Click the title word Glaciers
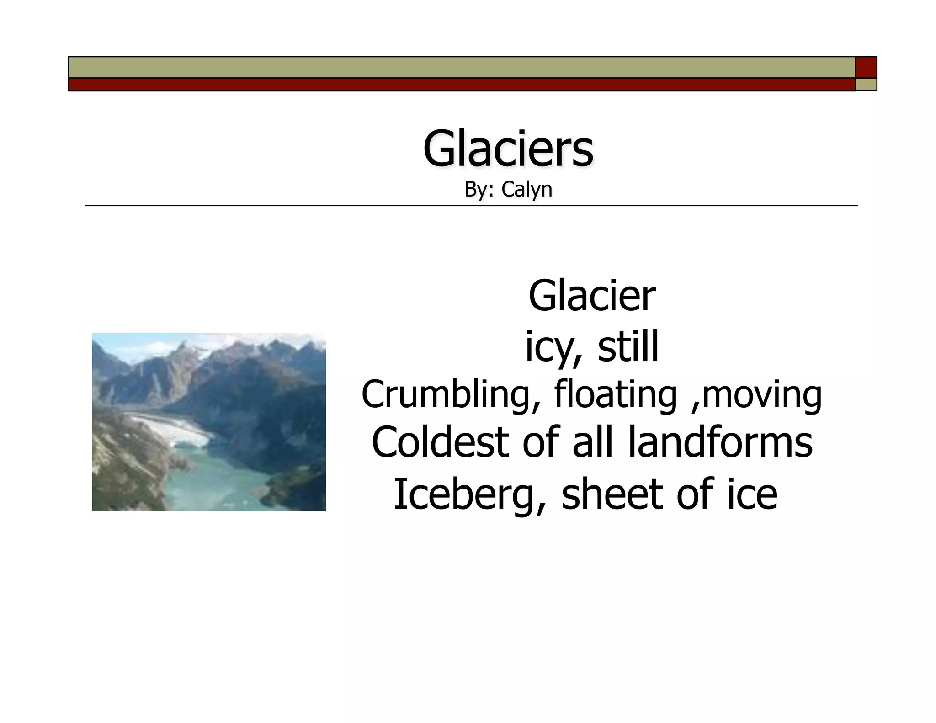[x=508, y=149]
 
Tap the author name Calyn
[x=526, y=190]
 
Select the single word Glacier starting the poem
[x=592, y=296]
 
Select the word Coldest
[x=440, y=442]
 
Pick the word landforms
[x=721, y=442]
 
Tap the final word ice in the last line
[x=752, y=494]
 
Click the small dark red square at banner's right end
[x=866, y=67]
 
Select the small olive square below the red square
[x=866, y=85]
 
